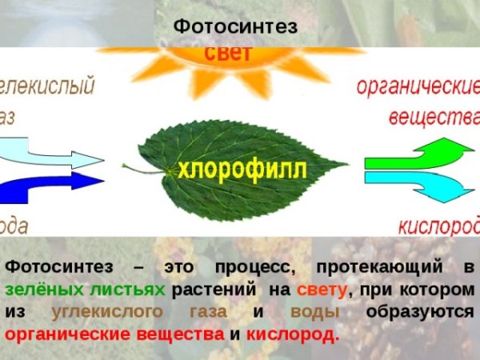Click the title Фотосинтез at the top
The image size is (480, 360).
point(235,26)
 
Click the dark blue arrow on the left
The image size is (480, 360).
point(52,187)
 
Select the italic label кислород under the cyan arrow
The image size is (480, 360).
point(438,226)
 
